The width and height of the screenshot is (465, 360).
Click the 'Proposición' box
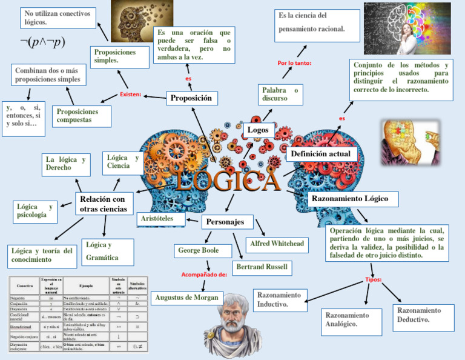point(191,98)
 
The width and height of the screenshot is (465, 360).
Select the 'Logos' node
point(259,130)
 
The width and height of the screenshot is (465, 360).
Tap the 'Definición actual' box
point(320,155)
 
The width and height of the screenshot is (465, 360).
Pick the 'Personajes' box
point(225,222)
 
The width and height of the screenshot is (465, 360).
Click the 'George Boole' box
point(198,250)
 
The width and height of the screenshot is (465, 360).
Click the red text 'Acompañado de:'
point(204,275)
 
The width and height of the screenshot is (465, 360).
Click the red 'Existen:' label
point(130,95)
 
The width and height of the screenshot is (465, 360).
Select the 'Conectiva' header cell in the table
point(25,285)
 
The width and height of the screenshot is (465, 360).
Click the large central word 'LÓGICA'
point(228,179)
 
